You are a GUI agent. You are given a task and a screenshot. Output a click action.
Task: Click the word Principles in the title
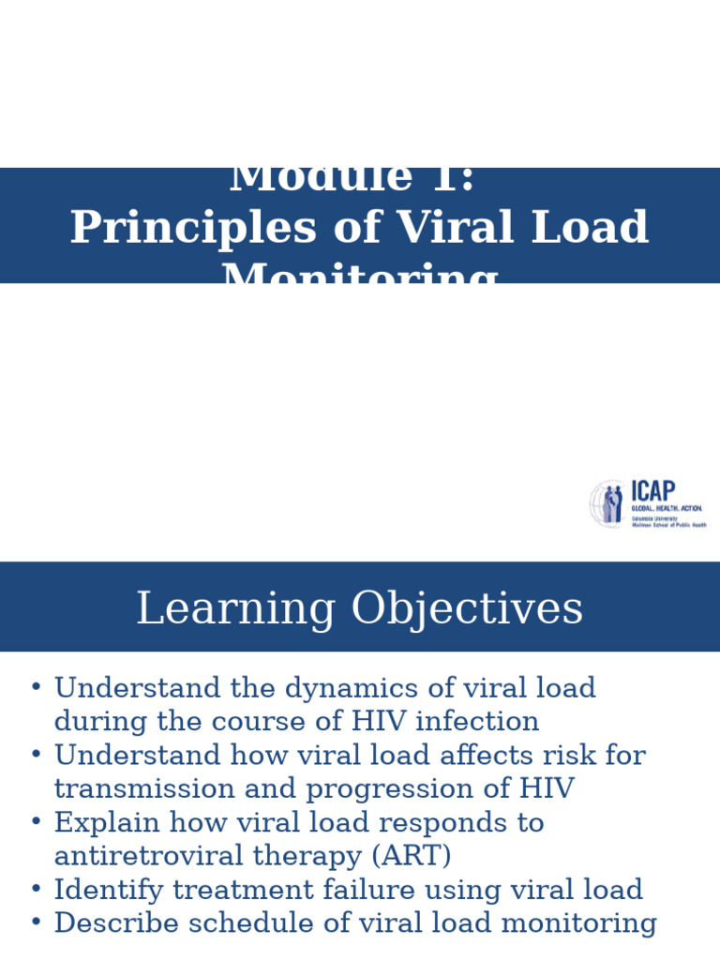tap(193, 228)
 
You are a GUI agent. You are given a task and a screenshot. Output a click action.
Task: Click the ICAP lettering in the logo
tap(653, 491)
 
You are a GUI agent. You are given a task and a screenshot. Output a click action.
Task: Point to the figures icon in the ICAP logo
tap(610, 504)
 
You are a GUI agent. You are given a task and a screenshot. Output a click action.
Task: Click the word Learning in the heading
tap(235, 609)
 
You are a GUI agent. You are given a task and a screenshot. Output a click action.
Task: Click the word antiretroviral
tap(175, 857)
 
